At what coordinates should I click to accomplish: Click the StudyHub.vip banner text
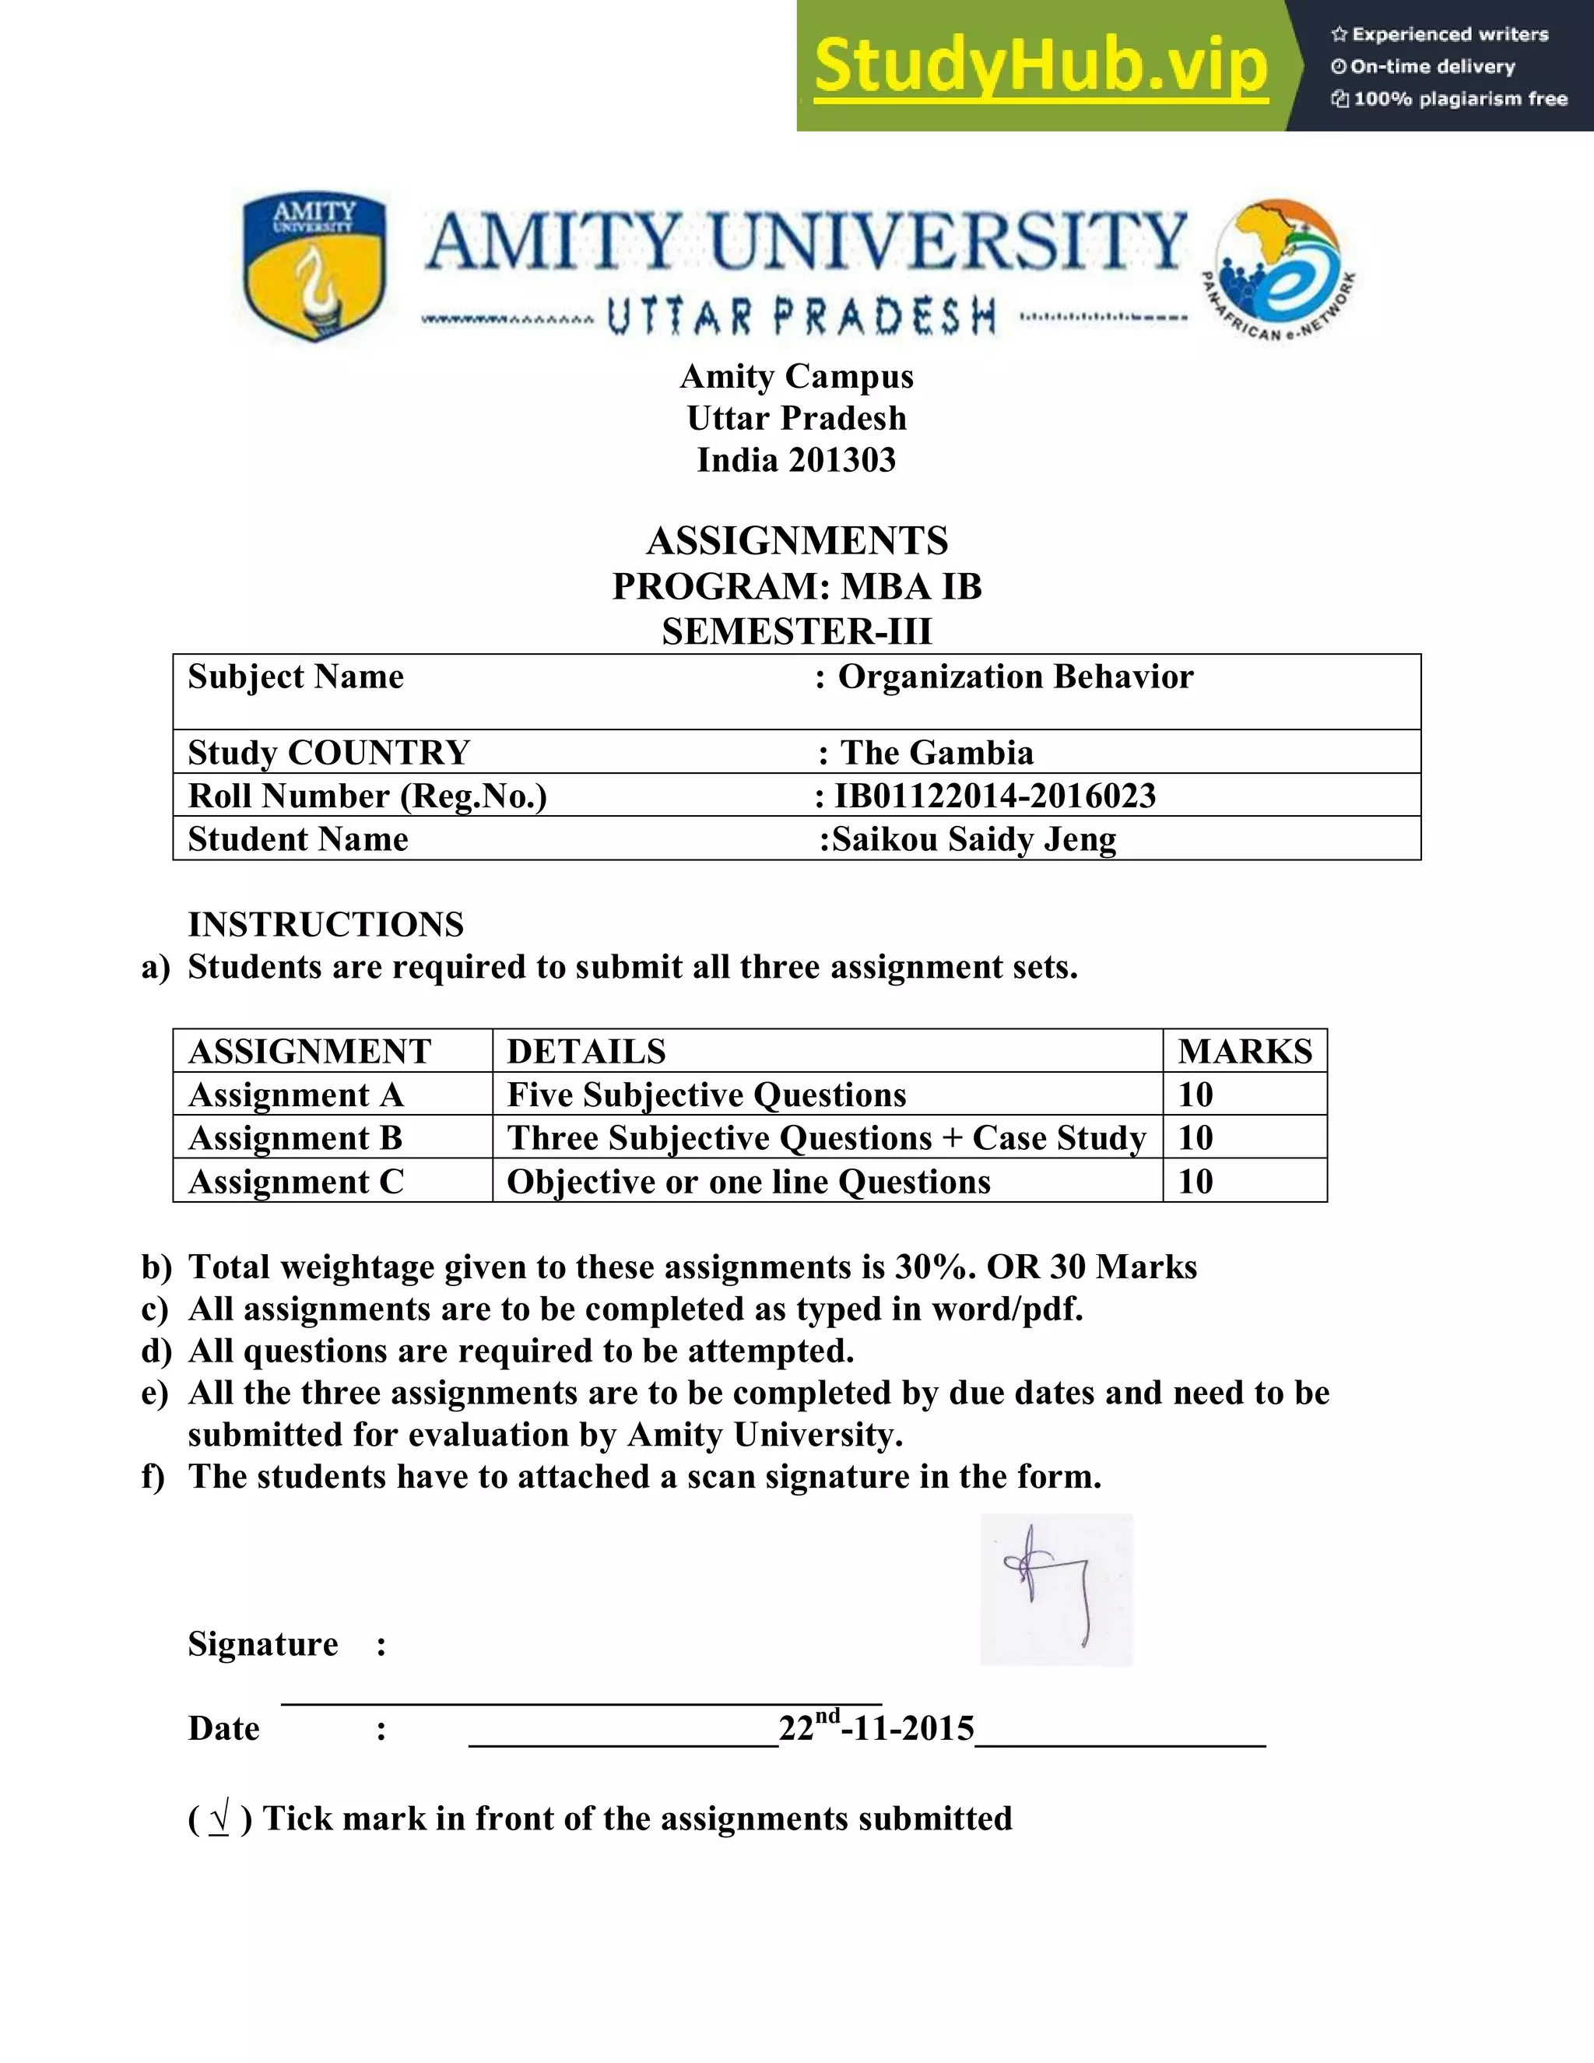tap(1041, 66)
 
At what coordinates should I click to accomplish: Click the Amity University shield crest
tap(314, 266)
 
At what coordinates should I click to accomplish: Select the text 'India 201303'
tap(796, 460)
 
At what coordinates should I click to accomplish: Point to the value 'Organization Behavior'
tap(1015, 677)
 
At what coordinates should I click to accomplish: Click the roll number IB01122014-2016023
tap(995, 796)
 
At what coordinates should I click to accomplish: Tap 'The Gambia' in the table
tap(937, 752)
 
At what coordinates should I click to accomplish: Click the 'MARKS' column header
tap(1244, 1050)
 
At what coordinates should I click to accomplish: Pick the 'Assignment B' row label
tap(296, 1137)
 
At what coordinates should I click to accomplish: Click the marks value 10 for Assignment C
tap(1195, 1181)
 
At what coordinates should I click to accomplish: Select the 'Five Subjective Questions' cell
tap(707, 1094)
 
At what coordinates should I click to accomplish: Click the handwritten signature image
tap(1055, 1589)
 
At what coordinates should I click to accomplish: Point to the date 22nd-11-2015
tap(876, 1727)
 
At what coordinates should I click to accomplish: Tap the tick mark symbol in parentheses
tap(220, 1819)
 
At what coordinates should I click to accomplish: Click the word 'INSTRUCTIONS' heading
tap(326, 924)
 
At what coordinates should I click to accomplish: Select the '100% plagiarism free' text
tap(1459, 99)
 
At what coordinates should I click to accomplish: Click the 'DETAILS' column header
tap(586, 1050)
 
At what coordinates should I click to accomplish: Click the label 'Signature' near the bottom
tap(262, 1643)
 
